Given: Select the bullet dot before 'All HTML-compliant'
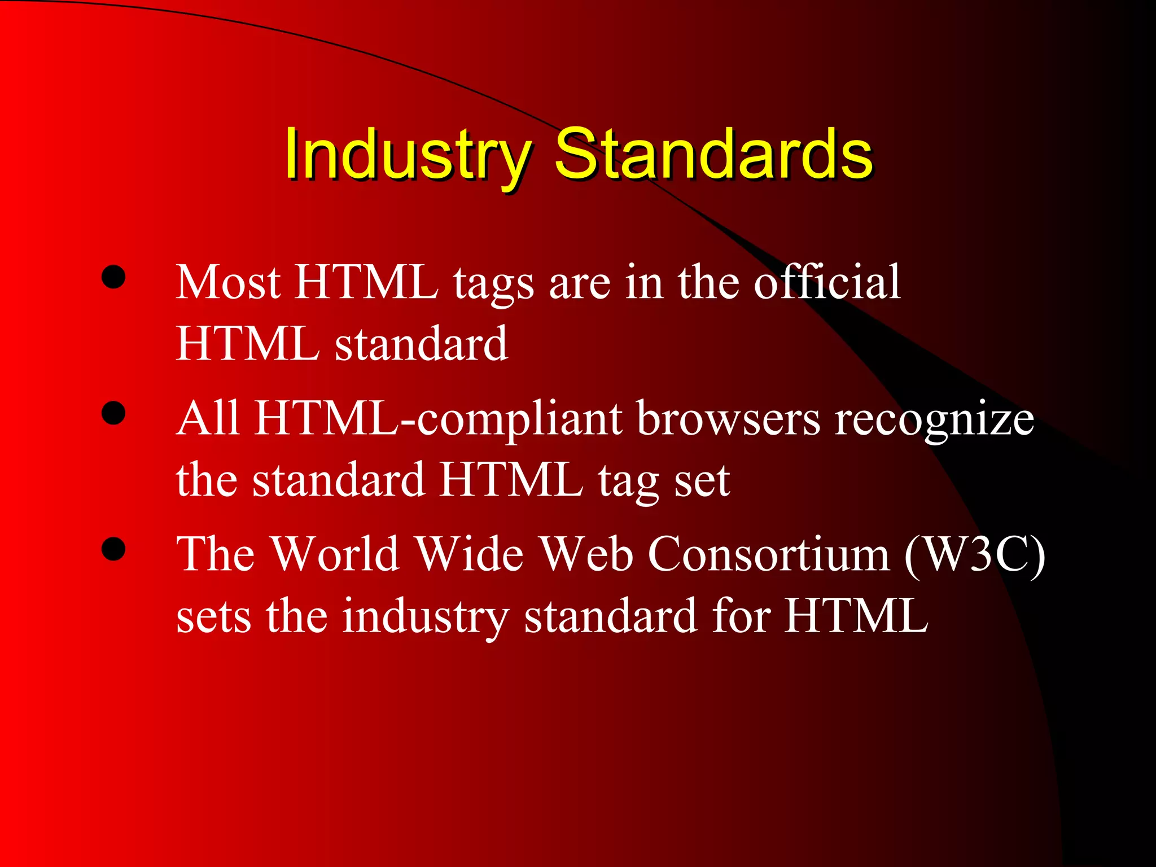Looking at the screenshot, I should [113, 413].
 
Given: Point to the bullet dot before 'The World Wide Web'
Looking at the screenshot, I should [113, 549].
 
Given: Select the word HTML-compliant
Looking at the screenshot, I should [438, 419].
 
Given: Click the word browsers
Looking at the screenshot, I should [728, 419].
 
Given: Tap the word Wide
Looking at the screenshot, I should [470, 554].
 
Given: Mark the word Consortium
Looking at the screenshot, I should [768, 554].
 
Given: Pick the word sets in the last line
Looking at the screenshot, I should [213, 617].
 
